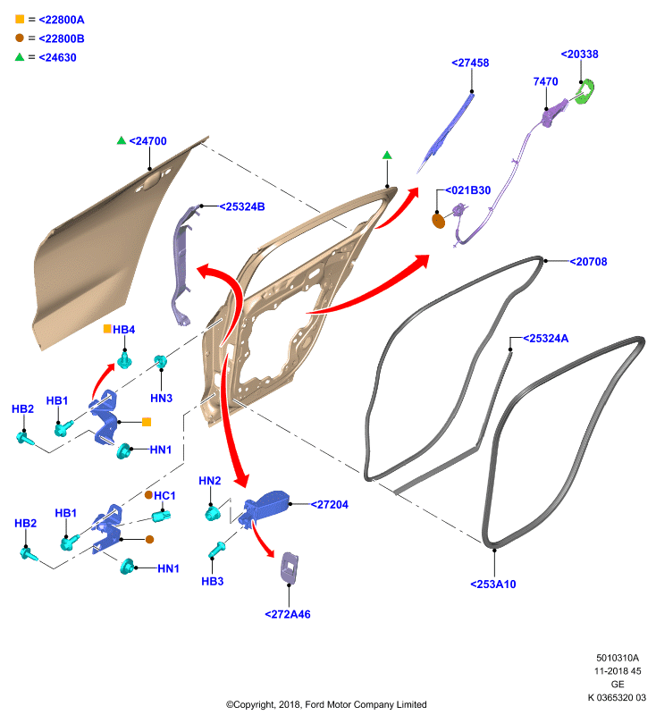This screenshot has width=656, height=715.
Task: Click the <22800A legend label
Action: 62,20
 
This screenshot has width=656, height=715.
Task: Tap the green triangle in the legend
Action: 19,57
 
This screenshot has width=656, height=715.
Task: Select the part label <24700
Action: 148,141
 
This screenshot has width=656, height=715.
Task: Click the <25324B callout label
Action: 242,206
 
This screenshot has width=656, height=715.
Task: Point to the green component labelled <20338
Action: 585,92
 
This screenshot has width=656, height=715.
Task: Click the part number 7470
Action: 545,81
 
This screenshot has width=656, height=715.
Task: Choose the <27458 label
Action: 470,63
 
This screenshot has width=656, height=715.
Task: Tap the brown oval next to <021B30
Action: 438,221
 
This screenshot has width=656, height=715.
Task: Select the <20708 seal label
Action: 589,262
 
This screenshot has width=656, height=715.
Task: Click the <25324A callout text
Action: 546,339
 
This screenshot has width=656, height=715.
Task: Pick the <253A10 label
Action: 493,585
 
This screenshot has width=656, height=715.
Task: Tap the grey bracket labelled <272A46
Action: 290,568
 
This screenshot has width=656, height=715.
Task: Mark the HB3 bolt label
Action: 213,582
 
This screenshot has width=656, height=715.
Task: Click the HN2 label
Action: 210,481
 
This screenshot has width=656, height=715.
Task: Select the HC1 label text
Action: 164,496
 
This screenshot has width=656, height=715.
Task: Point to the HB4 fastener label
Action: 124,330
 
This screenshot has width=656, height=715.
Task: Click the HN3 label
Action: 162,398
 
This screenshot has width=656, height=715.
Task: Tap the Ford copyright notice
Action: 326,704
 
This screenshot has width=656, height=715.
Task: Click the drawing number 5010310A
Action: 618,658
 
